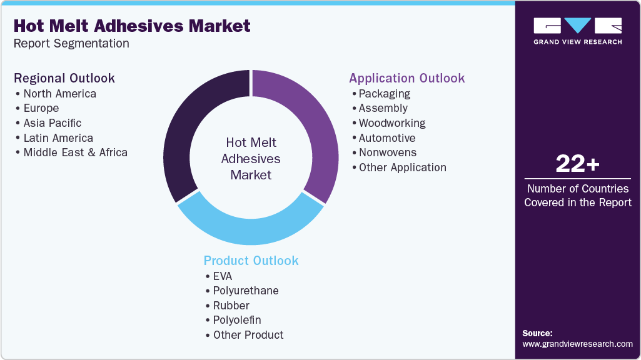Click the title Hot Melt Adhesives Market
(x=132, y=26)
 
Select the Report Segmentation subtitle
(x=71, y=44)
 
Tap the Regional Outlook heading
(x=64, y=78)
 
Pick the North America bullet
(x=59, y=94)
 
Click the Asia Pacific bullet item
(x=52, y=123)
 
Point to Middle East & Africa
(x=75, y=152)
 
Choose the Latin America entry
(x=58, y=138)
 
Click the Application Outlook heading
(x=406, y=78)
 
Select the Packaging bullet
(x=384, y=94)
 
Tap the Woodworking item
(x=391, y=123)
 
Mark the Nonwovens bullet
(x=387, y=152)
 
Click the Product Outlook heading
(x=251, y=261)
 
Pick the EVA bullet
(x=223, y=276)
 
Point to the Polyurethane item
(x=245, y=291)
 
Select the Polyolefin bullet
(x=236, y=320)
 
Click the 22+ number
(x=577, y=164)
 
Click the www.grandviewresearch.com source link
(x=577, y=344)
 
